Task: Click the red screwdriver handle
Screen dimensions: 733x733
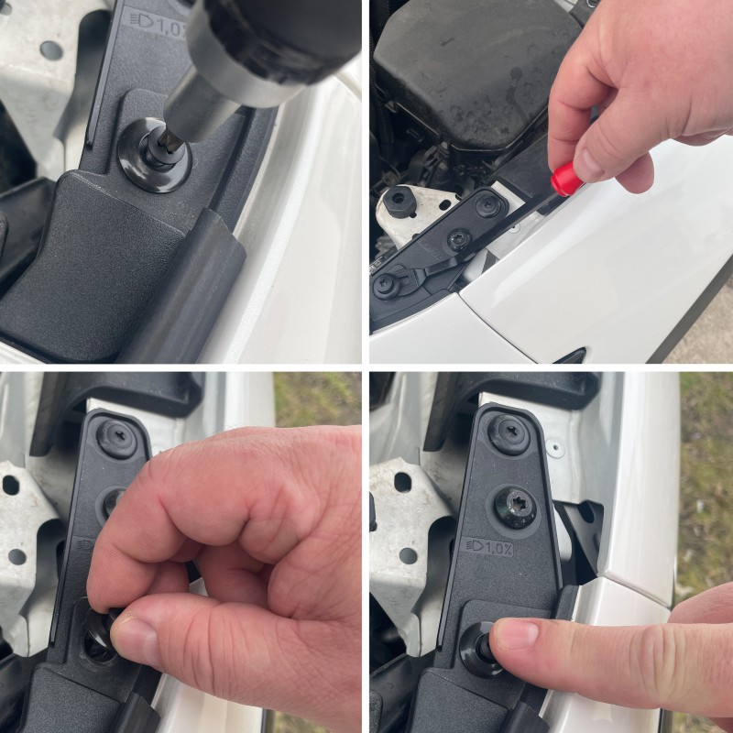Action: point(565,177)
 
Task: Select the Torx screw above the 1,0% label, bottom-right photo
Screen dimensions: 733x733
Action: point(515,506)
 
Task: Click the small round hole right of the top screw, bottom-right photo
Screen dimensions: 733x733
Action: point(553,447)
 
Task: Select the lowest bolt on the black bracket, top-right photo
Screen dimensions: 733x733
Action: point(385,284)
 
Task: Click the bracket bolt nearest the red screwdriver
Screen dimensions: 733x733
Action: point(487,206)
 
